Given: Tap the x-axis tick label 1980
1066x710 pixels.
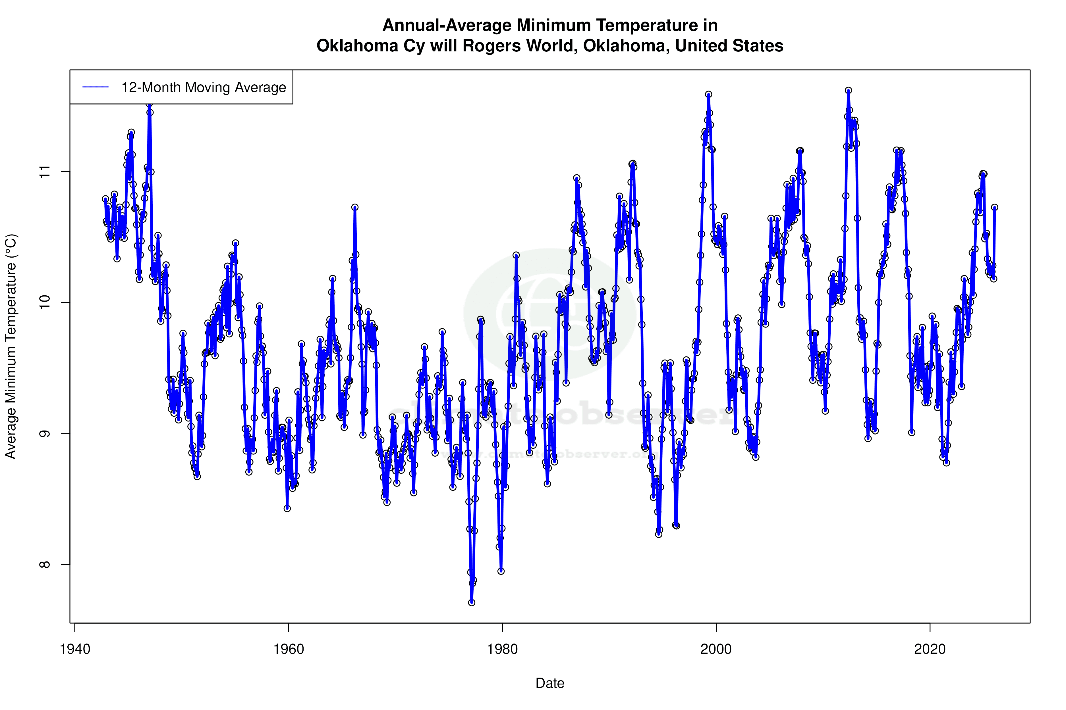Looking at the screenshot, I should [502, 649].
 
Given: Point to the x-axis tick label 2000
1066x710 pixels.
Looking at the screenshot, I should [716, 649].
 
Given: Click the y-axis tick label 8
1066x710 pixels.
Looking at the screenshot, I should [44, 565].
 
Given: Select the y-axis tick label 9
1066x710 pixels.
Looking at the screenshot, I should [44, 433].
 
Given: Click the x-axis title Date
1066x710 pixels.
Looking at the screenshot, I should [550, 683].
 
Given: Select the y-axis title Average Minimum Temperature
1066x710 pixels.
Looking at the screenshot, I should [11, 346].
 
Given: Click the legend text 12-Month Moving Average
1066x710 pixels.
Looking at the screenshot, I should [204, 87].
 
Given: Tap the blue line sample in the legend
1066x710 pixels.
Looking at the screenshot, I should [96, 87].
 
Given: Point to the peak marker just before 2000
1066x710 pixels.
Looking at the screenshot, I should [708, 94].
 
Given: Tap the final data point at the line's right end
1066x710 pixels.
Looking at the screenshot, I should [994, 207].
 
